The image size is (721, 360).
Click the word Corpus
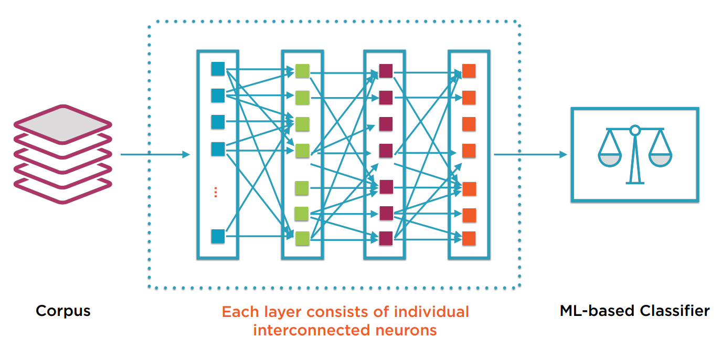point(63,311)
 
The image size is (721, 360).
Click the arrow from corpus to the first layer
point(154,154)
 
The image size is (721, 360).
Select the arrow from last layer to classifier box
point(530,154)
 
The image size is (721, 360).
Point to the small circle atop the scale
point(635,129)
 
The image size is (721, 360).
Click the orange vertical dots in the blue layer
point(216,192)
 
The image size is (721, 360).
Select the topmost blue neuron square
point(218,69)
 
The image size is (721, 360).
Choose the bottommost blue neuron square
point(218,236)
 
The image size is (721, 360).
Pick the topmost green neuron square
point(302,71)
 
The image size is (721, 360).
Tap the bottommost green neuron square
point(302,238)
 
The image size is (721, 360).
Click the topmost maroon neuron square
point(386,71)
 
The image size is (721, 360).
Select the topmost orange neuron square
point(469,71)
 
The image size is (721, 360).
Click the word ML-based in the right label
point(590,311)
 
